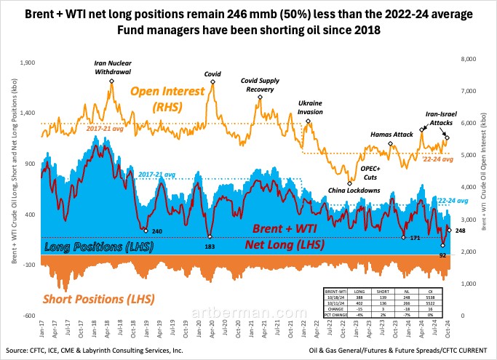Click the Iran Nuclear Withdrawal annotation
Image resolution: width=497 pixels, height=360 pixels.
112,68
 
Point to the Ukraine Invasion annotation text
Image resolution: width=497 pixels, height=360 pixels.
310,108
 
